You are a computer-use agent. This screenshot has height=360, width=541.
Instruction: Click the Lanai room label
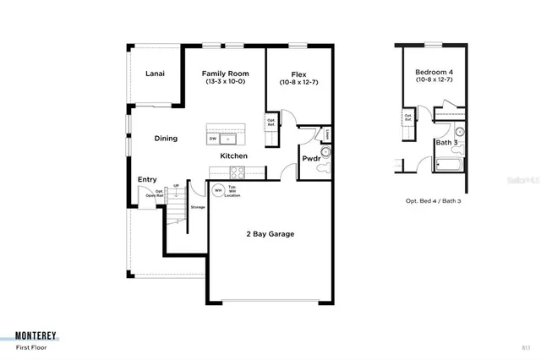click(154, 74)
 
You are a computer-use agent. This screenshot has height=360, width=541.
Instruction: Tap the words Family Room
click(224, 74)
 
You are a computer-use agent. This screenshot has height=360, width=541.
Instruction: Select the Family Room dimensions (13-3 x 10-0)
click(224, 82)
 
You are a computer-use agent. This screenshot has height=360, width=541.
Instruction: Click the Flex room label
click(298, 74)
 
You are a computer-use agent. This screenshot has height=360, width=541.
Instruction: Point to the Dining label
click(166, 139)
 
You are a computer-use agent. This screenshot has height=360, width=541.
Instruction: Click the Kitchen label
click(234, 156)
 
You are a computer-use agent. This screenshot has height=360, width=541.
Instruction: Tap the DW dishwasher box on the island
click(213, 139)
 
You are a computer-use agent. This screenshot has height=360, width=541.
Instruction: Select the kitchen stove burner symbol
click(237, 172)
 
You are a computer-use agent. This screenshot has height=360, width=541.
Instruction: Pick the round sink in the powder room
click(325, 152)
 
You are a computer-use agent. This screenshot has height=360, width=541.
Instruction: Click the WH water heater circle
click(218, 190)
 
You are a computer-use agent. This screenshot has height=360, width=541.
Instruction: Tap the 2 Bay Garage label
click(270, 234)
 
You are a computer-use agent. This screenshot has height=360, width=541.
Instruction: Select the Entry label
click(147, 179)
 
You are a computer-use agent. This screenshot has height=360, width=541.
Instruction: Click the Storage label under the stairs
click(198, 207)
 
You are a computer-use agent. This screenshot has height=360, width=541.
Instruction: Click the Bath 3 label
click(447, 143)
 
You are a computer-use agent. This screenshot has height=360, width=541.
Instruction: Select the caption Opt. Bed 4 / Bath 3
click(434, 201)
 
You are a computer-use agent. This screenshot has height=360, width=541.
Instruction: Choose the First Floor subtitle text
click(33, 347)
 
